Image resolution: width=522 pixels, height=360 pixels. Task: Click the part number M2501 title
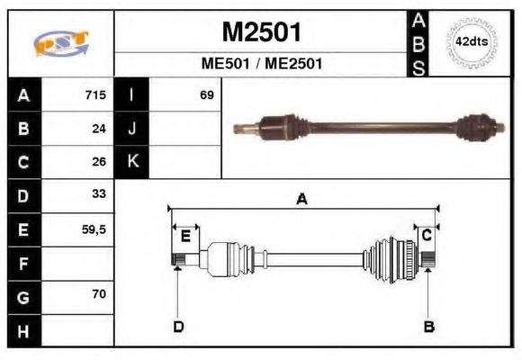pyautogui.click(x=261, y=32)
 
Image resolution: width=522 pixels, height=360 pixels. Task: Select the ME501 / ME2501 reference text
pyautogui.click(x=261, y=65)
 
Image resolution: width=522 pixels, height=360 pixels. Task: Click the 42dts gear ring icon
pyautogui.click(x=472, y=42)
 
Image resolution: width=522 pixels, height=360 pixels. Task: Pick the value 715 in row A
pyautogui.click(x=95, y=95)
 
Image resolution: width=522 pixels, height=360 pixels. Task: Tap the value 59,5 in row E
pyautogui.click(x=94, y=229)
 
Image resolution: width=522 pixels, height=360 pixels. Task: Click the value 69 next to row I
pyautogui.click(x=207, y=95)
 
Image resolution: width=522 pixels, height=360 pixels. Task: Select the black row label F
pyautogui.click(x=24, y=264)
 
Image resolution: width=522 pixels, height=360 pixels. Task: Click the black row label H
pyautogui.click(x=24, y=329)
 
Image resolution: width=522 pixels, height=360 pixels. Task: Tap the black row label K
pyautogui.click(x=132, y=162)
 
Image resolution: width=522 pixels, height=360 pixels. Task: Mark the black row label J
pyautogui.click(x=132, y=129)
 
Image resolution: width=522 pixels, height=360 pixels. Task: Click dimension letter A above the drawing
pyautogui.click(x=302, y=200)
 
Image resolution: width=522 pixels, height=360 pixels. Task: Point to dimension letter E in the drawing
pyautogui.click(x=185, y=236)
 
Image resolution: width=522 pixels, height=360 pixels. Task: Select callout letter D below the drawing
pyautogui.click(x=178, y=327)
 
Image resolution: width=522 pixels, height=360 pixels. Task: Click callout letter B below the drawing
pyautogui.click(x=429, y=327)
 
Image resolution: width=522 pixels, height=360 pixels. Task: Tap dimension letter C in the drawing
pyautogui.click(x=427, y=234)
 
